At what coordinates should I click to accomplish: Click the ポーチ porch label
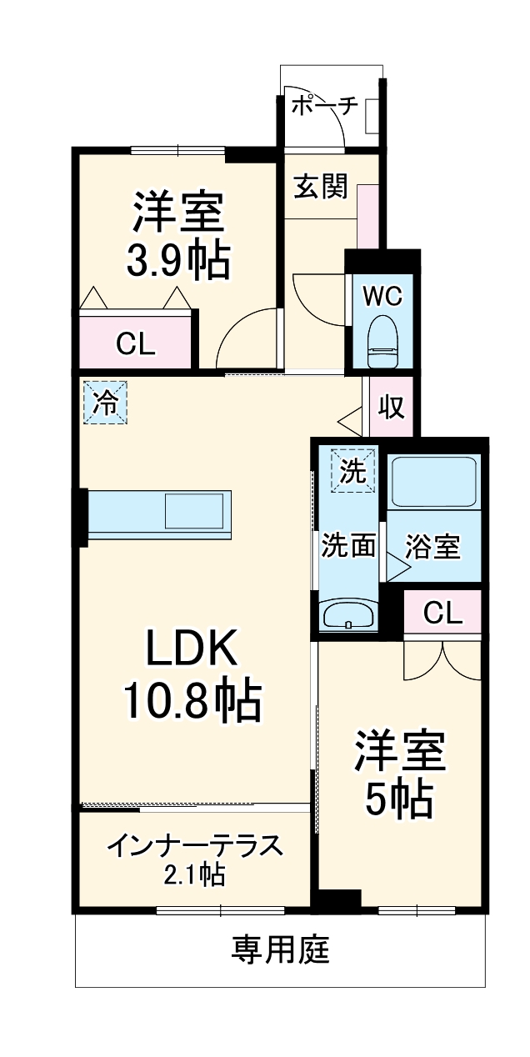[x=325, y=105]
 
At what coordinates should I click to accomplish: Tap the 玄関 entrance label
[x=319, y=188]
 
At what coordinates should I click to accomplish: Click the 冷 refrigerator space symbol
[x=105, y=403]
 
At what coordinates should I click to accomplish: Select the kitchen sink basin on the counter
[x=193, y=511]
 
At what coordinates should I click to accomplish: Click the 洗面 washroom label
[x=349, y=546]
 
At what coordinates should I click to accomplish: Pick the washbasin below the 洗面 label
[x=349, y=616]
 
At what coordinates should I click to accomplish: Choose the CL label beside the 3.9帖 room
[x=135, y=343]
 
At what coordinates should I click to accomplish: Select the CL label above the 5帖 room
[x=442, y=613]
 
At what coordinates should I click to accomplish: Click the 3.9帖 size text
[x=177, y=261]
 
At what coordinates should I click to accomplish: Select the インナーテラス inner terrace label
[x=195, y=846]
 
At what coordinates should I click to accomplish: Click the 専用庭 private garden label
[x=280, y=949]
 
